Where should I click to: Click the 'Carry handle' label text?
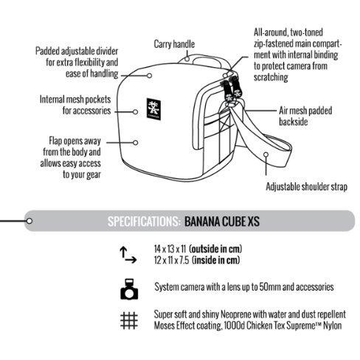174,44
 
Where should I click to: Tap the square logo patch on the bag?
153,109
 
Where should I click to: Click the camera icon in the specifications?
129,289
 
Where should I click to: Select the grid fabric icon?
129,321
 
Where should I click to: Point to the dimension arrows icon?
128,255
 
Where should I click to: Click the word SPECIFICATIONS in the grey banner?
144,221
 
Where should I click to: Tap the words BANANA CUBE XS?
222,221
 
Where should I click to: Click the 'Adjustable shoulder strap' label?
306,187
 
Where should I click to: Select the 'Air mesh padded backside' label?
305,116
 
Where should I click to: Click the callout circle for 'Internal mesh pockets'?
135,112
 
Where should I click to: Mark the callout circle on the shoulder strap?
266,154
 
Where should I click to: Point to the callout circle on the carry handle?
187,59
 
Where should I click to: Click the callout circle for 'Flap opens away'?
135,142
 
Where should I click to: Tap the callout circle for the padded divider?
149,75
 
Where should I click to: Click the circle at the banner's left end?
30,221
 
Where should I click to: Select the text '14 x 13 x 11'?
170,249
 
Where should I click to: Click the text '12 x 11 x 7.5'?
172,260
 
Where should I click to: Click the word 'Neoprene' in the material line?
236,314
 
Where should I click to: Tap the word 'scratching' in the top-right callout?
271,77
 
